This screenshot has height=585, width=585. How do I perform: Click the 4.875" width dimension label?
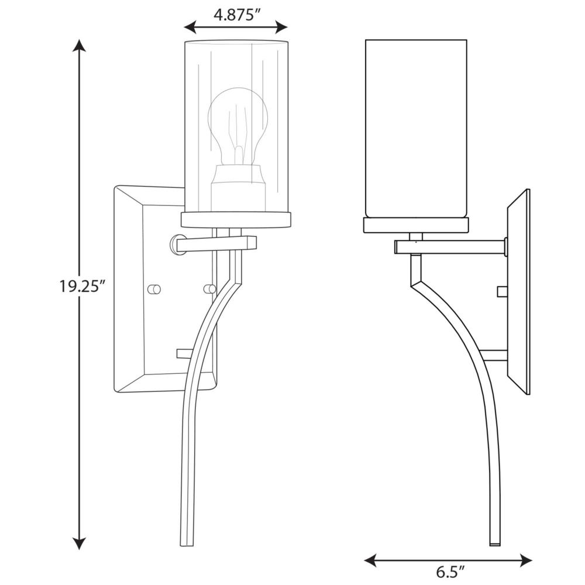click(236, 15)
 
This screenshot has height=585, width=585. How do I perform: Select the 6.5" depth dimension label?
click(450, 572)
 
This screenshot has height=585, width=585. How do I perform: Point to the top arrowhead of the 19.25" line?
click(79, 46)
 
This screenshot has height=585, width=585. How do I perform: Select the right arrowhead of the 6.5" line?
click(525, 560)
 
